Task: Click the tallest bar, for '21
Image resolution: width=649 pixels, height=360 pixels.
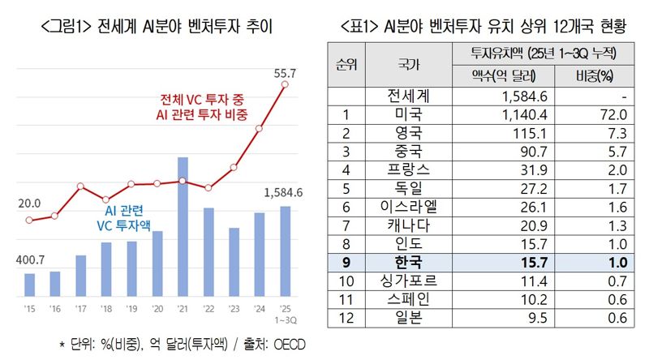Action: (183, 227)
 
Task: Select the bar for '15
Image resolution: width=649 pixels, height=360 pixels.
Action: (30, 285)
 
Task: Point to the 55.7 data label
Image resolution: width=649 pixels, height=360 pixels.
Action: (285, 74)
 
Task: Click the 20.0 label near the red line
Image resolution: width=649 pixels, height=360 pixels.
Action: (30, 203)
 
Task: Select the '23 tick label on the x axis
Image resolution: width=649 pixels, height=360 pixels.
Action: (234, 309)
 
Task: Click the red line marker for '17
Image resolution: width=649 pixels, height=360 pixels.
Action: (80, 186)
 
